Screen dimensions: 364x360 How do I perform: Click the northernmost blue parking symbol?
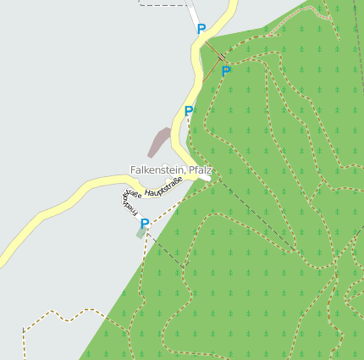pos(201,29)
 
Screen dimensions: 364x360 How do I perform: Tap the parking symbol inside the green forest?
pos(226,71)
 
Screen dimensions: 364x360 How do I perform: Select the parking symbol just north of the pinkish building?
pos(189,111)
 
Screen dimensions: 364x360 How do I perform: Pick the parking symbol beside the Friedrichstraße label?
pos(145,224)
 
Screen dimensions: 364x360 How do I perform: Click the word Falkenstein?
pos(158,170)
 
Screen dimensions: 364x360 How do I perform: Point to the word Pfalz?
pos(201,170)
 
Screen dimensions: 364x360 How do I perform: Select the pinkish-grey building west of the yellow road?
pos(158,141)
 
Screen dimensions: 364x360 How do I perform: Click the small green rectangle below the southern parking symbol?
pos(141,234)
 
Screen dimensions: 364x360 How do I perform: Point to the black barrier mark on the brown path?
pos(222,57)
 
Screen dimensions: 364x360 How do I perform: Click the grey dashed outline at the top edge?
pos(165,5)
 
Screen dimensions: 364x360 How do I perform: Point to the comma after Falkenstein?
pos(187,174)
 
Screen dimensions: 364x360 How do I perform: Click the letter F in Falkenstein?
pos(133,170)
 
